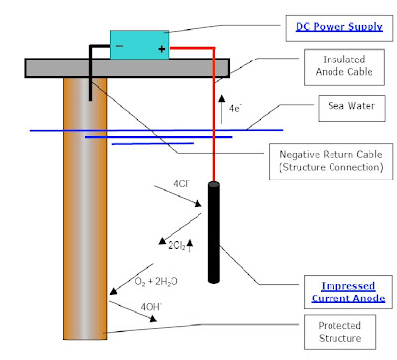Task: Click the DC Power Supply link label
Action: click(x=339, y=27)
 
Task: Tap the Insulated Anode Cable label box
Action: click(x=344, y=67)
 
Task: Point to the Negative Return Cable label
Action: click(x=331, y=161)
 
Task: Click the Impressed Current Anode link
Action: click(x=348, y=292)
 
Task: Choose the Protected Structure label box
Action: click(x=339, y=332)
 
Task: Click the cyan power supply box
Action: click(x=139, y=45)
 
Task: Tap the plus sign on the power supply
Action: click(x=162, y=49)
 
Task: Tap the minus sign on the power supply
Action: click(x=119, y=46)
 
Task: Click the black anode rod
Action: click(x=214, y=232)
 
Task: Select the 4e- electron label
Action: click(x=235, y=108)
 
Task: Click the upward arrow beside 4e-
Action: click(x=222, y=109)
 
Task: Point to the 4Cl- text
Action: click(x=182, y=183)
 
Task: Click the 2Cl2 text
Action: click(x=177, y=246)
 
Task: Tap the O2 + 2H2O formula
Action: click(x=156, y=282)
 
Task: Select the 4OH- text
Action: click(x=151, y=307)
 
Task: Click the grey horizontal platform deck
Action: click(x=127, y=68)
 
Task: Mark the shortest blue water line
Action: click(x=153, y=144)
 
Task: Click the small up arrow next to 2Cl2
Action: click(x=190, y=246)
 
